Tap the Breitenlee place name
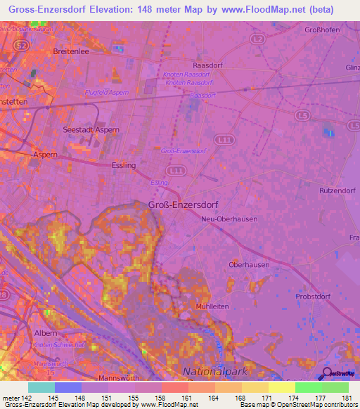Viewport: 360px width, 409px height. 72,51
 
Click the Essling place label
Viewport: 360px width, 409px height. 124,165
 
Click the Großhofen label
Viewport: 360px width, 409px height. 323,30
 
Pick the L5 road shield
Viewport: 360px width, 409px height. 303,114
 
